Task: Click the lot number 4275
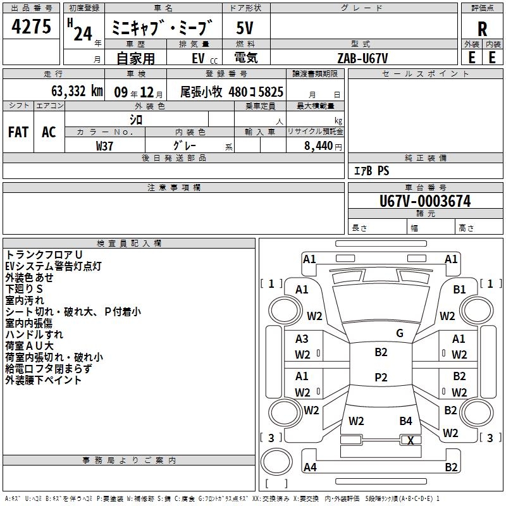(x=31, y=27)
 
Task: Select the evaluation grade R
(x=482, y=29)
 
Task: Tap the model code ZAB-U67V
(x=362, y=58)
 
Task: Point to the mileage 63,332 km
(x=77, y=91)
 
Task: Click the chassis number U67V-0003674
(x=425, y=201)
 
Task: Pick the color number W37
(x=104, y=146)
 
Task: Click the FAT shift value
(x=18, y=132)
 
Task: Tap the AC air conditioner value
(x=49, y=132)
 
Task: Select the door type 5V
(x=245, y=28)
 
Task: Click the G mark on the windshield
(x=400, y=333)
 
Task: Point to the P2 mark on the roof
(x=381, y=377)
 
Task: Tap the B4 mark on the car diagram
(x=405, y=421)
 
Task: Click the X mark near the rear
(x=410, y=440)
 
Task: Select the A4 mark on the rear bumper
(x=310, y=467)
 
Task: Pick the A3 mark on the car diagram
(x=302, y=339)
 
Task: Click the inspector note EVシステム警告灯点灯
(x=54, y=266)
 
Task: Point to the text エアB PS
(x=372, y=170)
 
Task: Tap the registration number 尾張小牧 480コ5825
(x=231, y=92)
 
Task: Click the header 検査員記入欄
(x=129, y=244)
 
